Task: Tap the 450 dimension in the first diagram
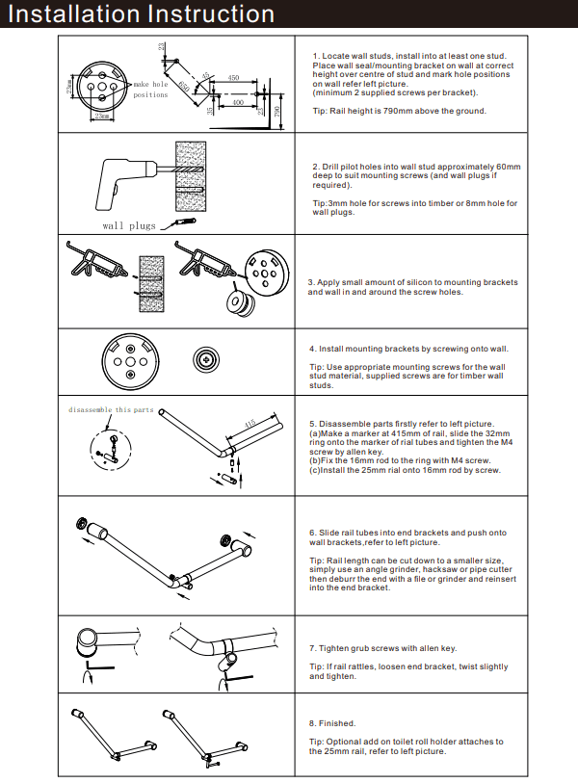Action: (233, 78)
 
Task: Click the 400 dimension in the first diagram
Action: (237, 101)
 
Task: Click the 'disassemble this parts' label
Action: (111, 409)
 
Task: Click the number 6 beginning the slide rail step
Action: (312, 532)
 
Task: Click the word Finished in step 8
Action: (336, 722)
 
